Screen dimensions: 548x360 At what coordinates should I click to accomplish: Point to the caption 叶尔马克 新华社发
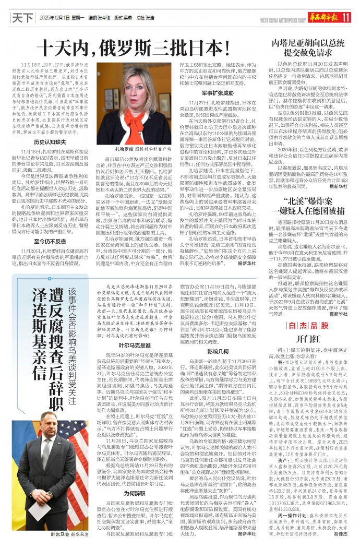point(68,535)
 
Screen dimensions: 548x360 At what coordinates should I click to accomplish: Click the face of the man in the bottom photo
point(51,436)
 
